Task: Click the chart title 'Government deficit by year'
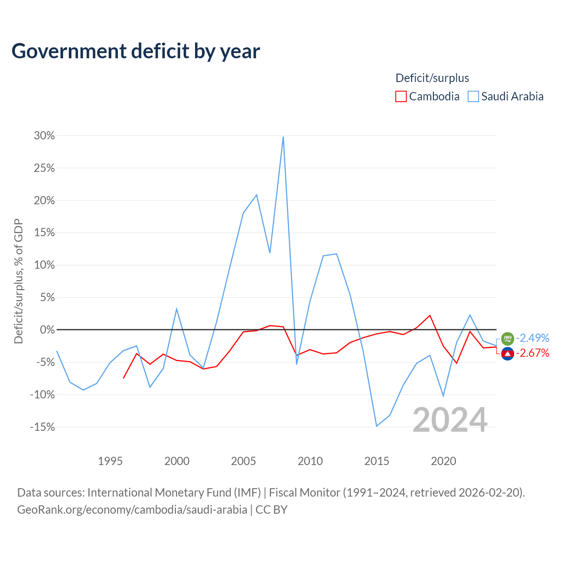pos(136,51)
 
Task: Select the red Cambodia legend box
pos(401,97)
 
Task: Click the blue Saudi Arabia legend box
pos(473,97)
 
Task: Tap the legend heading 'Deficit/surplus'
pos(432,78)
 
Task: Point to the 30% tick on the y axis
pos(44,136)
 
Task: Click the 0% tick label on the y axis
pos(47,330)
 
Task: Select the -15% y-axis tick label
pos(43,427)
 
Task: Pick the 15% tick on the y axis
pos(44,233)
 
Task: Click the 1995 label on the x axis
pos(110,461)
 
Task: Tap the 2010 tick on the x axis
pos(310,461)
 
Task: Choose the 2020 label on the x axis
pos(444,461)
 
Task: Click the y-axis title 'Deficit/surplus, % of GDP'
pos(19,281)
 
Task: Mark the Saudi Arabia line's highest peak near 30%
pos(283,137)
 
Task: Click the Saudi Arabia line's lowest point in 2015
pos(376,426)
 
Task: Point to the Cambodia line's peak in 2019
pos(430,315)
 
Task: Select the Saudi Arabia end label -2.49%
pos(533,338)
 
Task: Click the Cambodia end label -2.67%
pos(533,353)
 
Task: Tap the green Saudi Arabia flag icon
pos(508,339)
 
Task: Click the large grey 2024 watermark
pos(450,419)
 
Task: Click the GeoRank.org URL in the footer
pos(132,510)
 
